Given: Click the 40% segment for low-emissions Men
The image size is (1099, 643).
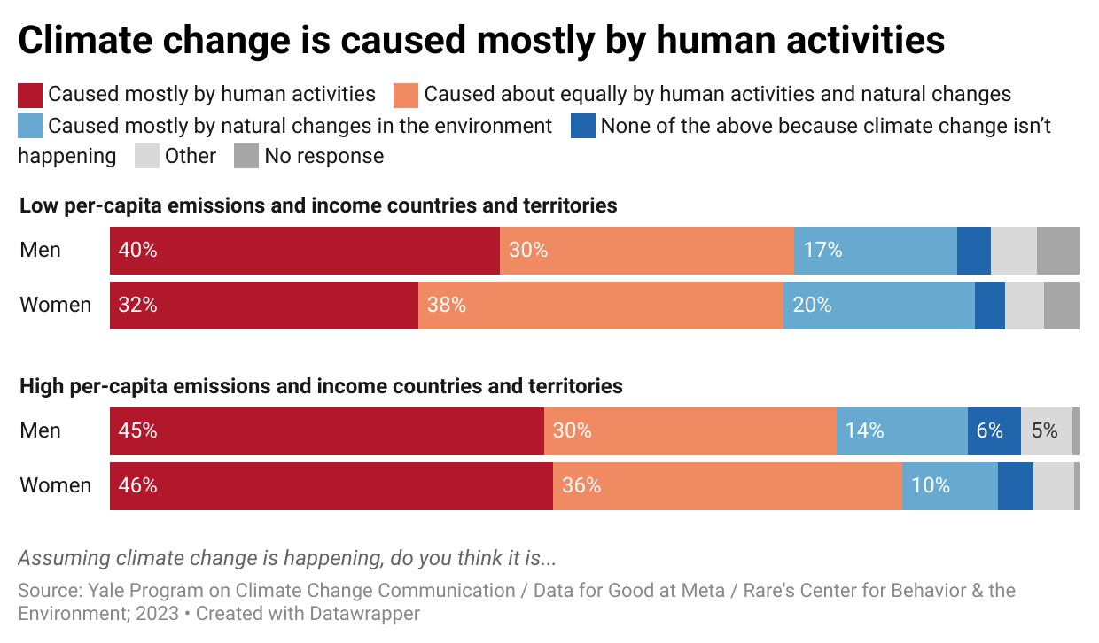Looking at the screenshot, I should [x=305, y=251].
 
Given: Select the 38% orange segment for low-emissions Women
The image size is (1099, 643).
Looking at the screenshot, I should [x=600, y=306].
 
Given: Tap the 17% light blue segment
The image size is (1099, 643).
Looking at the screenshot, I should [x=875, y=251].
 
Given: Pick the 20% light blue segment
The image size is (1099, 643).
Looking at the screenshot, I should [x=878, y=306].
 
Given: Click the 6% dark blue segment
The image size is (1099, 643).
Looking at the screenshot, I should [x=994, y=431].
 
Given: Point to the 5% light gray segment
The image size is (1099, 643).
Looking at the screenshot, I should [x=1046, y=431].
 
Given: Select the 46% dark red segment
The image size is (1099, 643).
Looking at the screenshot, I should [x=331, y=486].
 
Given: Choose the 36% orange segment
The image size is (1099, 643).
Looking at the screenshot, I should [x=727, y=486].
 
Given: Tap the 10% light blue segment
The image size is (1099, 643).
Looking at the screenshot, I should [x=949, y=486].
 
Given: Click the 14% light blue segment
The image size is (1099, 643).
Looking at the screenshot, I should [x=901, y=431].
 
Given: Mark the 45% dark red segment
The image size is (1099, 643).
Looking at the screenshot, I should [x=327, y=431].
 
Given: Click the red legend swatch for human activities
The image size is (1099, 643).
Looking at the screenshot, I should [x=30, y=95].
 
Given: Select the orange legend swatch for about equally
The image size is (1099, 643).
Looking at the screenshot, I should [x=406, y=95].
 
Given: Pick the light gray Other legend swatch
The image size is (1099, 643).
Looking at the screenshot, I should [x=146, y=157].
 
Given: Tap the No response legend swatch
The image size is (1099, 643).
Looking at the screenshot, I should [x=246, y=157].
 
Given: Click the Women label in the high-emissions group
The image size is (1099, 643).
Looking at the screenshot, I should [x=56, y=485].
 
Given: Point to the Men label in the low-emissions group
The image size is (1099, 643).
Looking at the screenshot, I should [x=41, y=250].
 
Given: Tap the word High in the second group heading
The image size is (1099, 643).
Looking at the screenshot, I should [x=41, y=386].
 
